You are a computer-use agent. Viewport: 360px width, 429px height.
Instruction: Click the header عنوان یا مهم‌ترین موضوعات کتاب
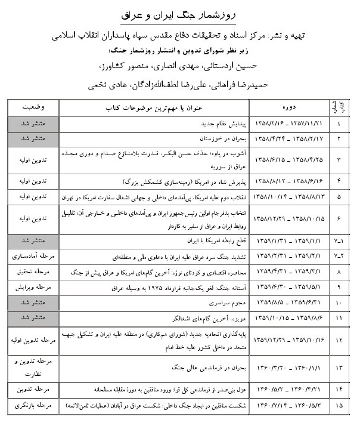157,109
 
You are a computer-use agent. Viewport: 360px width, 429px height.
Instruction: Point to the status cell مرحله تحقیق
34,271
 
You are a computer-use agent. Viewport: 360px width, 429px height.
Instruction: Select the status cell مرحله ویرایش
34,286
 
